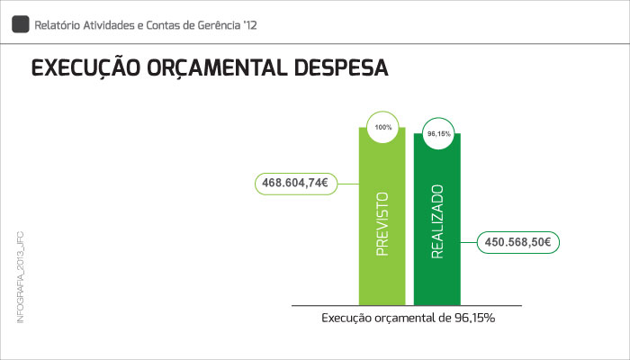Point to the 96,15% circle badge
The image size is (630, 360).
pos(438,134)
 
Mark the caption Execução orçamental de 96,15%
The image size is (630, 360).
pos(409,318)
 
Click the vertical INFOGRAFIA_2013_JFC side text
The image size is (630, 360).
pos(20,278)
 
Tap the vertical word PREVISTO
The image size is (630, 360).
pos(382,225)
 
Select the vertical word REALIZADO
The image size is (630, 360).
pos(438,221)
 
